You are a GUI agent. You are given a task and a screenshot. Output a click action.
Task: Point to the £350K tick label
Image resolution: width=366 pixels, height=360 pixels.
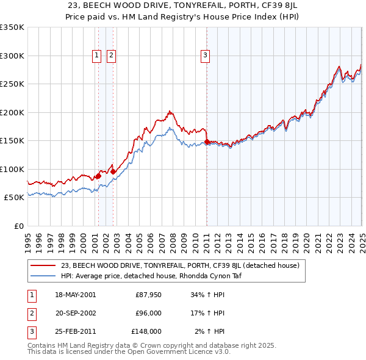pyautogui.click(x=12, y=27)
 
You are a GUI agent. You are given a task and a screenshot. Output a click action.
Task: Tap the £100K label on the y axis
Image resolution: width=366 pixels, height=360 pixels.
pyautogui.click(x=12, y=169)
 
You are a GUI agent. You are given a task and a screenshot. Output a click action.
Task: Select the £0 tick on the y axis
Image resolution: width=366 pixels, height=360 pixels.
pyautogui.click(x=18, y=226)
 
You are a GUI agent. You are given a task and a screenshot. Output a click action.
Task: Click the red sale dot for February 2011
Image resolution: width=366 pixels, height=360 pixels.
pyautogui.click(x=207, y=142)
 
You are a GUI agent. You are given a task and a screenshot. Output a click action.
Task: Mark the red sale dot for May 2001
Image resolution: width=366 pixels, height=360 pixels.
pyautogui.click(x=98, y=176)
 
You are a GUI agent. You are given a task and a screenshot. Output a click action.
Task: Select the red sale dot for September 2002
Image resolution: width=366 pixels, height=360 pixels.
pyautogui.click(x=113, y=171)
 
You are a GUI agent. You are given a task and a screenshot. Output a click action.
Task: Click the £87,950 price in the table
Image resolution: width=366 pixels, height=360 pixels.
pyautogui.click(x=148, y=295)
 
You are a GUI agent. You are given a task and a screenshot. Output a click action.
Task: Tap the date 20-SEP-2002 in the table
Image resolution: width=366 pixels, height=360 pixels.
pyautogui.click(x=76, y=314)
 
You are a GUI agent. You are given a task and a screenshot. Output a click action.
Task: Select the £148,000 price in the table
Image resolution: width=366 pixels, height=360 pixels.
pyautogui.click(x=146, y=332)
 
